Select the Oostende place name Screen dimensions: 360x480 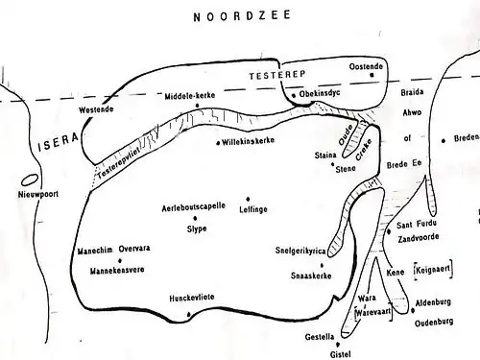[x=365, y=65]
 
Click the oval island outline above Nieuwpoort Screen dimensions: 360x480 [x=29, y=179]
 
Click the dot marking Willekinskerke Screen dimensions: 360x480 [x=220, y=143]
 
